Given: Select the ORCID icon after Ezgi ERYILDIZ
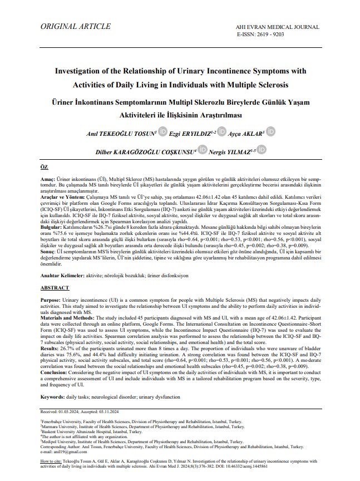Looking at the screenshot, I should pos(222,132).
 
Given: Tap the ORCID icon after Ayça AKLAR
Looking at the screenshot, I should pos(270,132).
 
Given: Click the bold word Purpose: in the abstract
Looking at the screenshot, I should pos(51,300).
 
